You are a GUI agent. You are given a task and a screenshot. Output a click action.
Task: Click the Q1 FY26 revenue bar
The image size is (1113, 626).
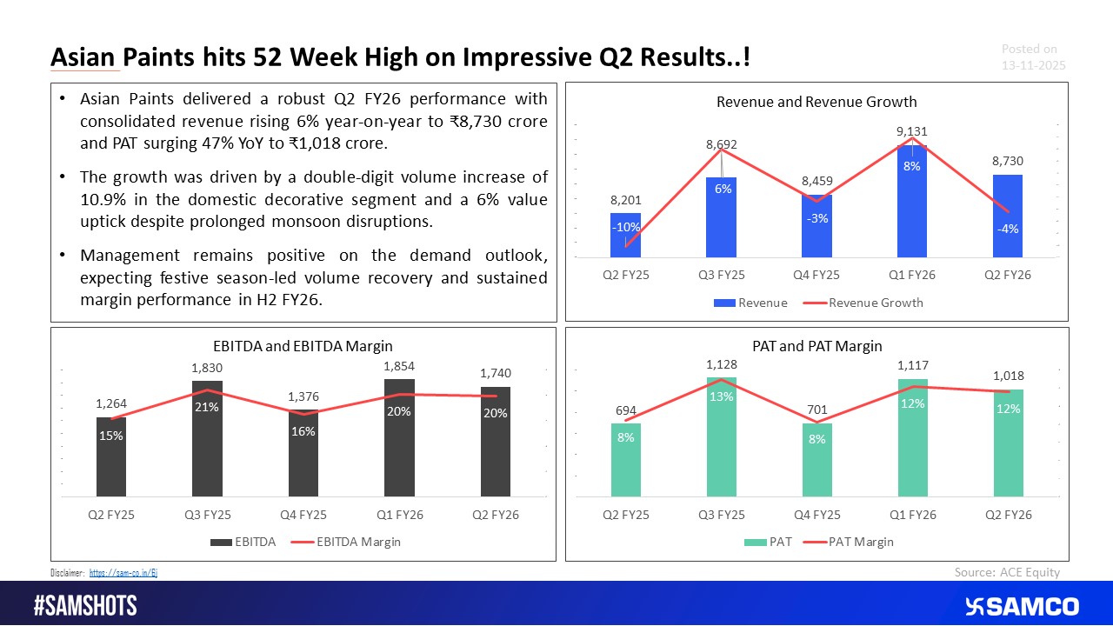click(x=910, y=209)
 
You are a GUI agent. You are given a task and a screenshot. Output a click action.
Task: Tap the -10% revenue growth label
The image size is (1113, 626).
click(x=625, y=227)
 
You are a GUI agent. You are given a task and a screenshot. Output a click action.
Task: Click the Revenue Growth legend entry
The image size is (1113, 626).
click(x=876, y=303)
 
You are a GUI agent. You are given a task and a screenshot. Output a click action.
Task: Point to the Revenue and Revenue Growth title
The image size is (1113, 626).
click(x=816, y=103)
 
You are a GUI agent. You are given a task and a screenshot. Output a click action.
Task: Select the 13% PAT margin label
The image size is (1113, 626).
click(x=721, y=396)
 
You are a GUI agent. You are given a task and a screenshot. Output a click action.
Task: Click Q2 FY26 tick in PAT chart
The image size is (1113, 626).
click(x=1007, y=516)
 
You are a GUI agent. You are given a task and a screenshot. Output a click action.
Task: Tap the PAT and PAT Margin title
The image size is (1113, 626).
click(x=816, y=346)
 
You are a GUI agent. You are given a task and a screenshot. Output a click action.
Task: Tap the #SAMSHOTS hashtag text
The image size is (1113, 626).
click(x=85, y=606)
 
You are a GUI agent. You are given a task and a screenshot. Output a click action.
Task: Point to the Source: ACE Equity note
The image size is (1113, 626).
click(x=1007, y=571)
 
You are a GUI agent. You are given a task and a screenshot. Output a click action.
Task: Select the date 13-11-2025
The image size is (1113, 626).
click(x=1033, y=66)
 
